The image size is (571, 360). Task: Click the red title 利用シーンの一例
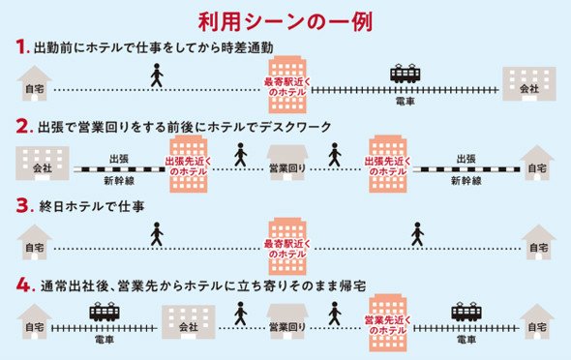tap(285, 21)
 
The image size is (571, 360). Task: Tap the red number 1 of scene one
tap(22, 47)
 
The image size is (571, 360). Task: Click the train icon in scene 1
tap(405, 74)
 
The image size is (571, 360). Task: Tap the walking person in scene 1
tap(157, 75)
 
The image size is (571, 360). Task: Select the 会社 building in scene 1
tap(529, 84)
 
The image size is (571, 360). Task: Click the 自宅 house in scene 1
tap(34, 83)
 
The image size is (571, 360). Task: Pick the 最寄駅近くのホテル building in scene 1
tap(287, 84)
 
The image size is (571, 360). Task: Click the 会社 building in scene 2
tap(43, 164)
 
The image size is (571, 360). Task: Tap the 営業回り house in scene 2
tap(287, 163)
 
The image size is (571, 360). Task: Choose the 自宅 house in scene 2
tap(537, 163)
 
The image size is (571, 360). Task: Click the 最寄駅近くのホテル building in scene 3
tap(287, 247)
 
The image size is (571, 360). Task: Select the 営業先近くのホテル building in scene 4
tap(387, 323)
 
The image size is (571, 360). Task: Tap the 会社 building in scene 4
tap(189, 322)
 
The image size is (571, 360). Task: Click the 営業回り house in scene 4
tap(287, 322)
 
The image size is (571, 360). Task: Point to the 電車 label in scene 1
tap(405, 102)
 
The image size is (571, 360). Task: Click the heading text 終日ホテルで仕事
tap(92, 206)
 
